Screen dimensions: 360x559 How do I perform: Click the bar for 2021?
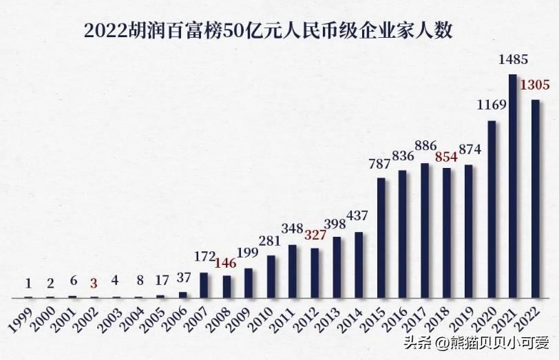(513, 186)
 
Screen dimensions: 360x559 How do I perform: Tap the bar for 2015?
(381, 237)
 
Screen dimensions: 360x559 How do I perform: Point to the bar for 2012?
(315, 273)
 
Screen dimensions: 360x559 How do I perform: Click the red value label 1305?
(535, 85)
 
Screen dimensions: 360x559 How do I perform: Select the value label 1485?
(513, 61)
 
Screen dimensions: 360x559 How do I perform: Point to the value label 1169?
(492, 105)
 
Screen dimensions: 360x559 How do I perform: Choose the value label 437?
(359, 216)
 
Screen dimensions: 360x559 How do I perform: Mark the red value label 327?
(315, 234)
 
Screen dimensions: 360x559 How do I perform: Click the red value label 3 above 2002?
(94, 283)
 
